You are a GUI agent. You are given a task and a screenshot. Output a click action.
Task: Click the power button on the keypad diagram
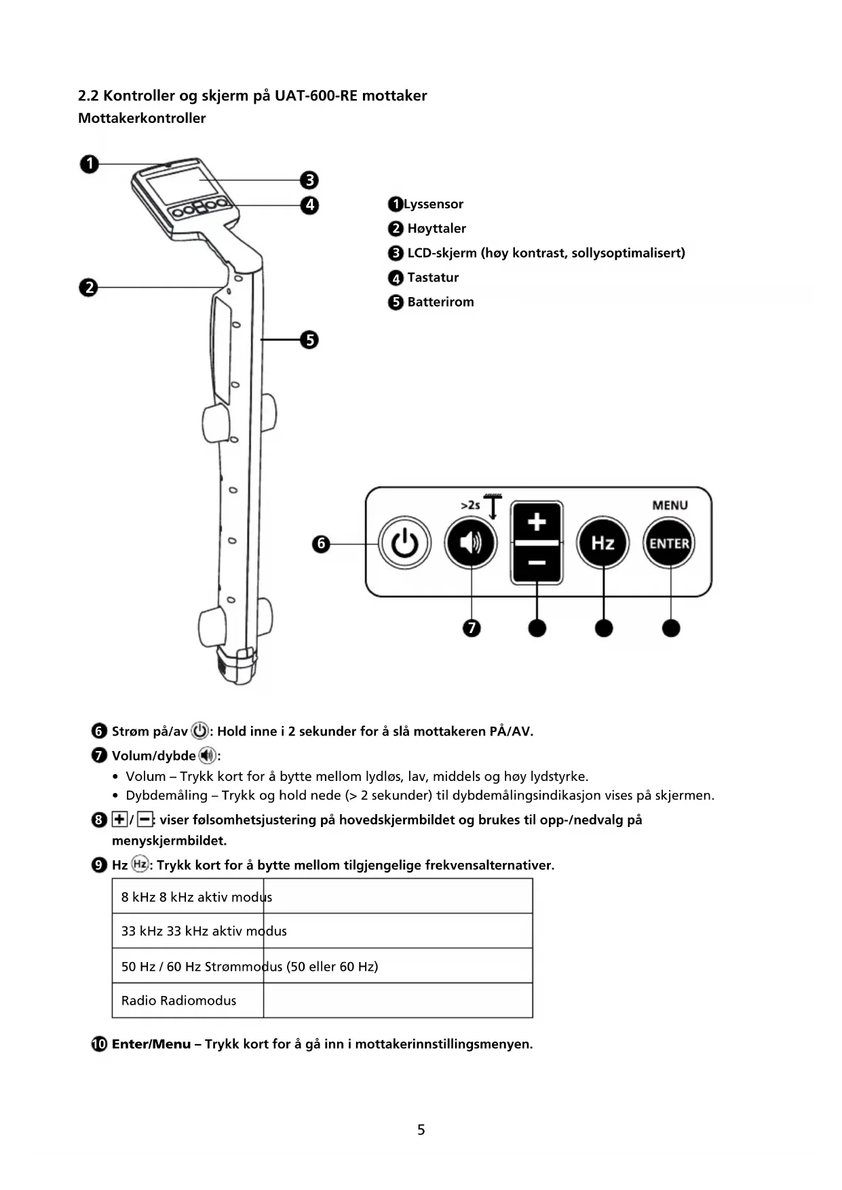[x=404, y=543]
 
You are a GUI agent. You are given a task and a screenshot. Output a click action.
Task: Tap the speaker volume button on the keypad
[x=471, y=543]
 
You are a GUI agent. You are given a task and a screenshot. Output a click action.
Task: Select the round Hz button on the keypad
[x=602, y=543]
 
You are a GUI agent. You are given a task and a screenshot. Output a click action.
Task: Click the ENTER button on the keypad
[x=670, y=543]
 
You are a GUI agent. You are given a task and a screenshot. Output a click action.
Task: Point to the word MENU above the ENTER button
[x=670, y=505]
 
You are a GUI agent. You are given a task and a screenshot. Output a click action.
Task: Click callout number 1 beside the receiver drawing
[x=89, y=164]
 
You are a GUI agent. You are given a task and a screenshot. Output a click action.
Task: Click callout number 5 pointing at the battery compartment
[x=309, y=339]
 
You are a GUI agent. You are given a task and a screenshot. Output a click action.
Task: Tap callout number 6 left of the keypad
[x=321, y=543]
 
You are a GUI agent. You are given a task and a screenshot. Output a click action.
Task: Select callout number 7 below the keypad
[x=471, y=628]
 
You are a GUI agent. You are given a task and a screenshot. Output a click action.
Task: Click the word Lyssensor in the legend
[x=434, y=204]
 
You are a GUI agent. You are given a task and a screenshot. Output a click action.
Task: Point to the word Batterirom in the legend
[x=440, y=302]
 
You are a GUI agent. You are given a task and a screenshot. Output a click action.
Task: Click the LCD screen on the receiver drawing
[x=182, y=185]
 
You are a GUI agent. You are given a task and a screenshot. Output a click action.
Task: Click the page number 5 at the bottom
[x=421, y=1130]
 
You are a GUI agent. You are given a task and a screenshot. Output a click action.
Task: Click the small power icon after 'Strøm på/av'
[x=199, y=731]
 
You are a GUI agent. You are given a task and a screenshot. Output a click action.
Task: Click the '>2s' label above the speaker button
[x=470, y=505]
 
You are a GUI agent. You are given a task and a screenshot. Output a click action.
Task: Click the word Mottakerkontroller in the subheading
[x=142, y=118]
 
